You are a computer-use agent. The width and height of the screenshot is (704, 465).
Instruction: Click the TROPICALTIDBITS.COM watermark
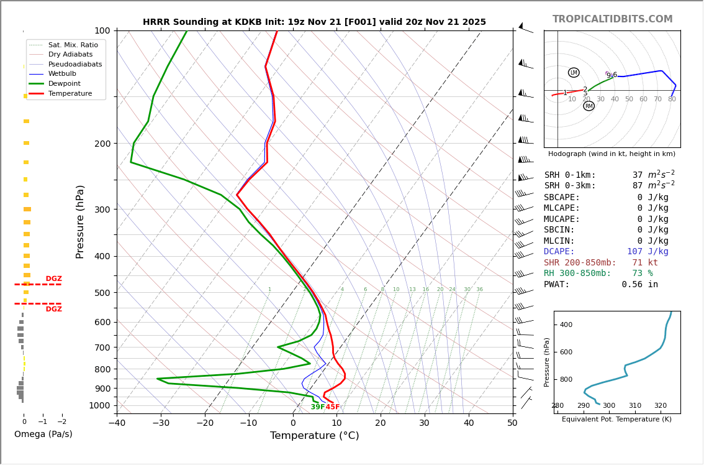(612, 19)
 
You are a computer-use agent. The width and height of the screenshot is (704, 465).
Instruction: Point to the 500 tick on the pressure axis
(102, 293)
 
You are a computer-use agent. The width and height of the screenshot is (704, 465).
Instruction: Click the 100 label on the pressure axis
(102, 30)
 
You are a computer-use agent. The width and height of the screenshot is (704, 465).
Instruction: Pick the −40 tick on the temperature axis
(117, 423)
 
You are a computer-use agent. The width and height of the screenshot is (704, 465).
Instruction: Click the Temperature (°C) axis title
(314, 436)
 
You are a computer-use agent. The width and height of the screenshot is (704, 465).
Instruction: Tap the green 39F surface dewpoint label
(317, 407)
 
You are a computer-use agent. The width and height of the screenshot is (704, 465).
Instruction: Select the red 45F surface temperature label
(333, 407)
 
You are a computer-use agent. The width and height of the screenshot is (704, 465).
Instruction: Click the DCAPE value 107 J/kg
(648, 252)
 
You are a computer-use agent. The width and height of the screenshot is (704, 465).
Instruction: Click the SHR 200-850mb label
(580, 263)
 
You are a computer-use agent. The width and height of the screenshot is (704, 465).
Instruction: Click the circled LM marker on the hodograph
(574, 73)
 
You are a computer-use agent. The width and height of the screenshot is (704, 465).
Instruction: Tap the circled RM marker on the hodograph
(589, 106)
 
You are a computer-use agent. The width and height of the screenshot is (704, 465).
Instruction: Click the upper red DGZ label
(53, 279)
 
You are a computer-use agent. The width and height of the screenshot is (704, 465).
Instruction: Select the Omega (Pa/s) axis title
(43, 435)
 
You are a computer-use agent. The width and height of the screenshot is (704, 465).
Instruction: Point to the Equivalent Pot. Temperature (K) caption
(616, 420)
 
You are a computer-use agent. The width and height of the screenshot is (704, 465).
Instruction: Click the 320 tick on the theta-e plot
(661, 406)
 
